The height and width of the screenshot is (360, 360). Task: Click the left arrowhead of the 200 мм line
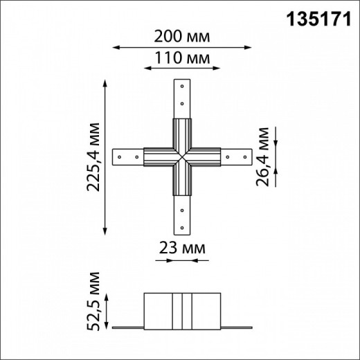pos(116,48)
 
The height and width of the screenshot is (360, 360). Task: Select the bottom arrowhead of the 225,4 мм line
pos(105,235)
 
